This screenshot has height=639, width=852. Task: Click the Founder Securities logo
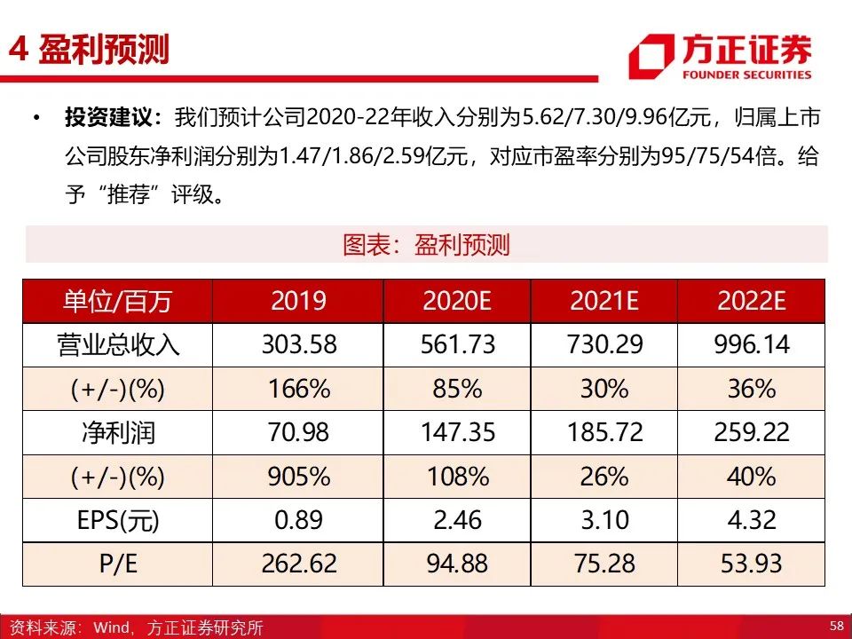pos(720,57)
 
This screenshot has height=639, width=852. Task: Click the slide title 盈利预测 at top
pos(103,50)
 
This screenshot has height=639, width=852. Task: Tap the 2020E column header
pos(457,301)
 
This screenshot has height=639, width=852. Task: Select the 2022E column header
pos(752,301)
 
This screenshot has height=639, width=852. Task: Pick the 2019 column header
pos(298,301)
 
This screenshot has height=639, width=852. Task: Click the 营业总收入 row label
pos(118,345)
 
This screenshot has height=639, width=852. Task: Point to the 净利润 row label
pos(118,432)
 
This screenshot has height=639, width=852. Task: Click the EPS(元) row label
pos(118,520)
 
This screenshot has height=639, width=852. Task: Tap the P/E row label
pos(118,564)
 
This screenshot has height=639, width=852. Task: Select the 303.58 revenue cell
pos(299,344)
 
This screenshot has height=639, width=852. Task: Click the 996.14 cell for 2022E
pos(752,344)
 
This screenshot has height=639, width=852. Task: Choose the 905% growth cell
pos(299,477)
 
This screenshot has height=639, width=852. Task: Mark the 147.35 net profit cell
pos(458,432)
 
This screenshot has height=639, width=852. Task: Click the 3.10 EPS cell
pos(604,520)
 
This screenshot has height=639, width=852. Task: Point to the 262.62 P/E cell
pos(299,564)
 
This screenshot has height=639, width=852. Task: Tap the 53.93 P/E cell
pos(752,564)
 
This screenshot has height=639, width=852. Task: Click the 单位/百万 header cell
pos(117,301)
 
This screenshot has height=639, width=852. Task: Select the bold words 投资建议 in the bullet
pos(108,117)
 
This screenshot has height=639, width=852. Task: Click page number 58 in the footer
pos(837,625)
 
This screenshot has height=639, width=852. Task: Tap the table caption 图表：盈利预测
pos(426,245)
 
